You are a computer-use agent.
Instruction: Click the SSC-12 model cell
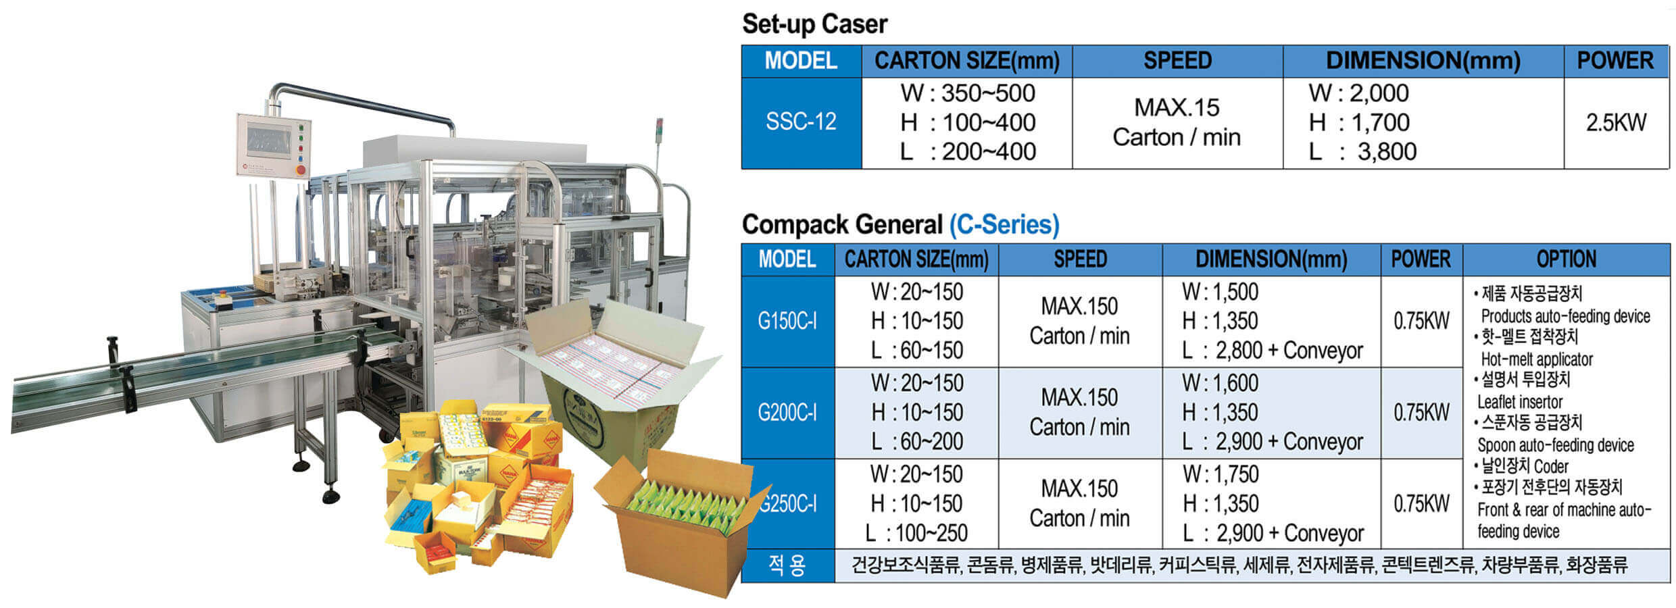[x=801, y=122]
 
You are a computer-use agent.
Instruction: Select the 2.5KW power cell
[x=1616, y=122]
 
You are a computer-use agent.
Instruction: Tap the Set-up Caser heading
[x=814, y=24]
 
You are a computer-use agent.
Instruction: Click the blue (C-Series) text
[x=1004, y=224]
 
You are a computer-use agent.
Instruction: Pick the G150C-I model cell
[x=787, y=321]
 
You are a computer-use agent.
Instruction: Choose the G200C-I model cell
[x=787, y=412]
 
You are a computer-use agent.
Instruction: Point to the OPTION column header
[x=1566, y=259]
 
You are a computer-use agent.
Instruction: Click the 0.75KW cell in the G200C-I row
[x=1421, y=412]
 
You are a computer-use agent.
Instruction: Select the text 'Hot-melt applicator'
[x=1536, y=359]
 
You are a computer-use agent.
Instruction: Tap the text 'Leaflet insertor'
[x=1519, y=402]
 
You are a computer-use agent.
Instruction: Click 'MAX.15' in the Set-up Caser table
[x=1177, y=107]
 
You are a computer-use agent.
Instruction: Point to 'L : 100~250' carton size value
[x=916, y=533]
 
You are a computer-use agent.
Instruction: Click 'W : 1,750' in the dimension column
[x=1221, y=474]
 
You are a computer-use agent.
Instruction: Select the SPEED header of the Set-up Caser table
[x=1177, y=61]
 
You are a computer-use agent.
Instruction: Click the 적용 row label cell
[x=787, y=565]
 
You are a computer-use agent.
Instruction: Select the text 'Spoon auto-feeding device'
[x=1555, y=445]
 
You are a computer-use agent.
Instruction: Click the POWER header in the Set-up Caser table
[x=1615, y=61]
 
